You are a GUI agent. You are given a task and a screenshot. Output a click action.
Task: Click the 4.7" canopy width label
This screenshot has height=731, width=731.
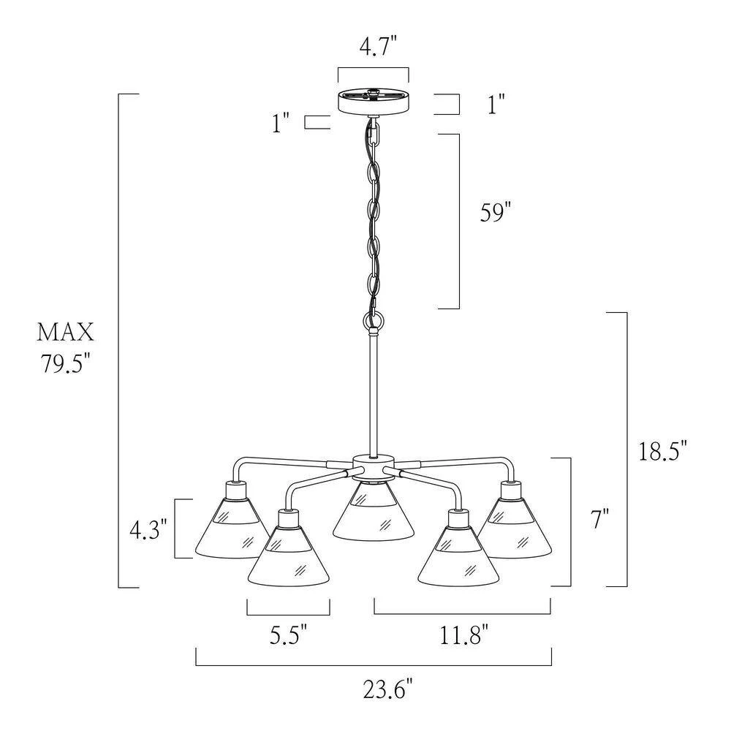tap(378, 46)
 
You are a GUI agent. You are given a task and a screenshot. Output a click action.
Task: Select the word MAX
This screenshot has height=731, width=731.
tap(66, 333)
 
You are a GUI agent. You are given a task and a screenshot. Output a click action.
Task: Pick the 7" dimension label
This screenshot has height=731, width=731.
tap(600, 518)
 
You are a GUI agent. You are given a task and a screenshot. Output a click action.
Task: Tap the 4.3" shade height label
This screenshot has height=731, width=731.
tap(148, 530)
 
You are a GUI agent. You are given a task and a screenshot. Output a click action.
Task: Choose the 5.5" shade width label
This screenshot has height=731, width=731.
tap(289, 635)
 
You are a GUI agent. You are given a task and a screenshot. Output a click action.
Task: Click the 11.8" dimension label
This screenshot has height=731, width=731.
tap(464, 635)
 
